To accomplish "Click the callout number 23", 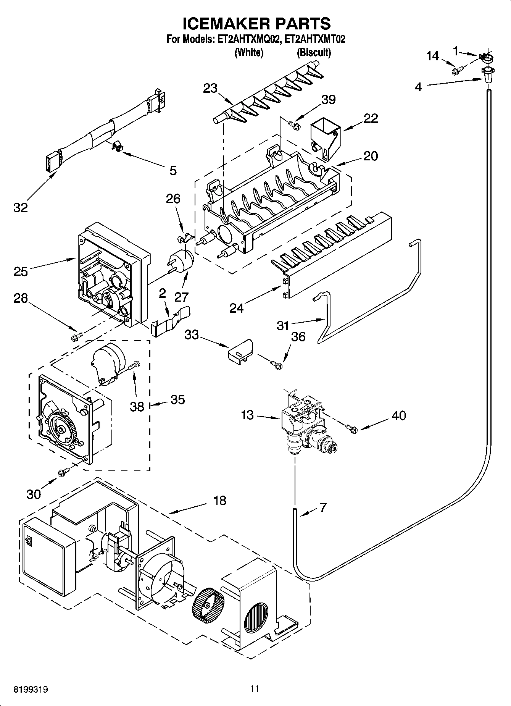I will pos(210,89).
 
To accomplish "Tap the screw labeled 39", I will pos(294,124).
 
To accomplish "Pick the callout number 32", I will pos(21,208).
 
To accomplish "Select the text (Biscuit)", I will pos(314,53).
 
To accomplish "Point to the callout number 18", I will pos(220,500).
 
